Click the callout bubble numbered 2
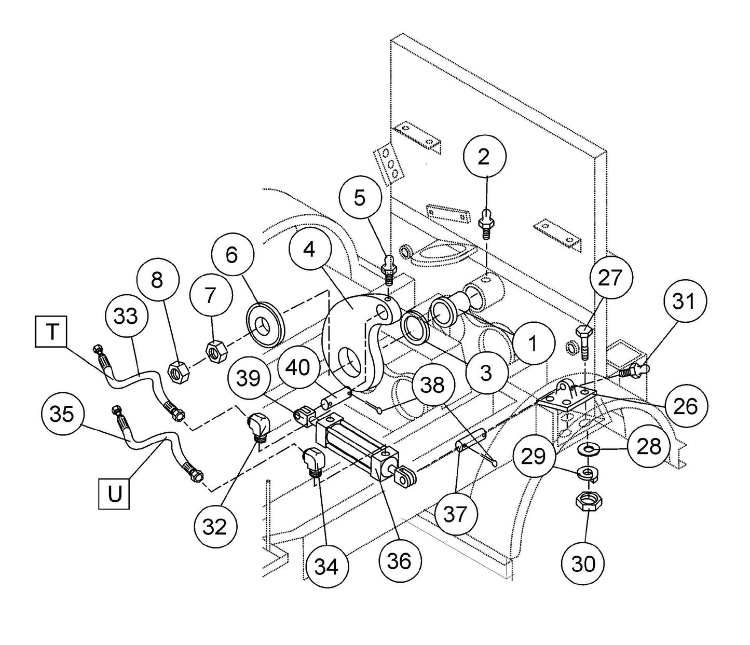pyautogui.click(x=484, y=157)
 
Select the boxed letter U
pyautogui.click(x=114, y=493)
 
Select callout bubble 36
pyautogui.click(x=399, y=561)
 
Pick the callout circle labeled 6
pyautogui.click(x=231, y=255)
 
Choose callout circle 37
pyautogui.click(x=456, y=514)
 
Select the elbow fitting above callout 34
pyautogui.click(x=313, y=460)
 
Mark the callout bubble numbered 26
pyautogui.click(x=685, y=406)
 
